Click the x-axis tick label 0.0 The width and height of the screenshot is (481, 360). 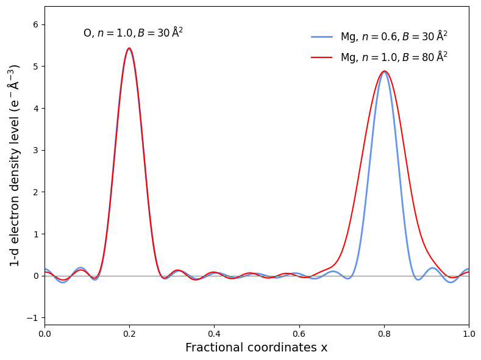(x=45, y=334)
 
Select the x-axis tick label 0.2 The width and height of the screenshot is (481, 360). (x=129, y=334)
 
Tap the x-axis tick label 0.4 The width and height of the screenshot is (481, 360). (x=214, y=334)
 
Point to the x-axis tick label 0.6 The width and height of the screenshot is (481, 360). (x=299, y=334)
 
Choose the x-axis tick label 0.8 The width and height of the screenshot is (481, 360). (x=384, y=334)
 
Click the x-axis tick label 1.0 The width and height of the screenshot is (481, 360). (x=468, y=334)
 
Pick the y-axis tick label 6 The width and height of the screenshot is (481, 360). (x=35, y=24)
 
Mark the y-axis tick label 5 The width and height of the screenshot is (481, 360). (x=35, y=67)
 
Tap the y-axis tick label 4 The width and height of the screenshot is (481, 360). (x=35, y=109)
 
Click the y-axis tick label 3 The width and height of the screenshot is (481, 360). (x=35, y=150)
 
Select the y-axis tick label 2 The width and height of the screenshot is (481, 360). (x=35, y=192)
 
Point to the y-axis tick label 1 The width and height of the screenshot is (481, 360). (x=35, y=234)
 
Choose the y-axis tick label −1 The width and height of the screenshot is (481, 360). (x=33, y=318)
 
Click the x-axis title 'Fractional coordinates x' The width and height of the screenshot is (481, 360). (x=256, y=348)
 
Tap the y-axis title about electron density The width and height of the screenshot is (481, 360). (x=15, y=165)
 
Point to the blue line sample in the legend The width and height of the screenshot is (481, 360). (x=322, y=37)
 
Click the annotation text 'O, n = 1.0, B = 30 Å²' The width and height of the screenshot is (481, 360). (x=133, y=33)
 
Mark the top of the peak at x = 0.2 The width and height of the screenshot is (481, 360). (x=129, y=48)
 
